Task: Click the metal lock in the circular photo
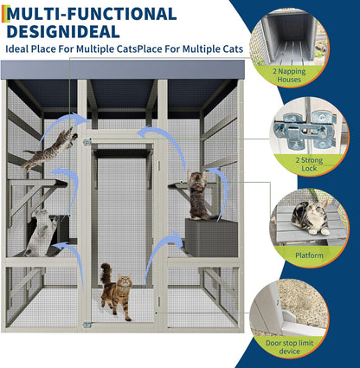304,131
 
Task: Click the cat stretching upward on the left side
41,230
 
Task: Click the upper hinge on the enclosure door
87,141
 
